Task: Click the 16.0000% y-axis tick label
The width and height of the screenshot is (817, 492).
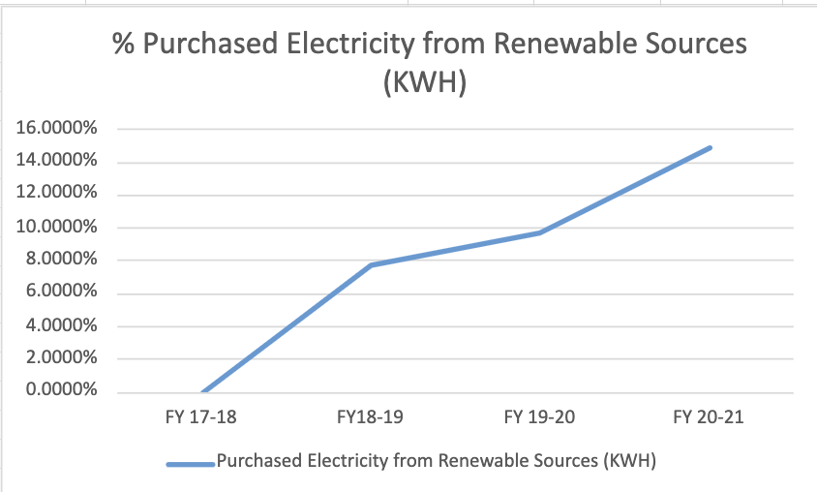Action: (x=56, y=128)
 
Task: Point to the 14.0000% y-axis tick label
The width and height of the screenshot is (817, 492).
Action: (x=56, y=161)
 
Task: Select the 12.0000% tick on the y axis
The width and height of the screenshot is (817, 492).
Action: (x=56, y=194)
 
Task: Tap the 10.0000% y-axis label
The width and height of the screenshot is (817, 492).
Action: (x=56, y=227)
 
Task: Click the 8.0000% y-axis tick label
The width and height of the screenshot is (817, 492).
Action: (x=60, y=260)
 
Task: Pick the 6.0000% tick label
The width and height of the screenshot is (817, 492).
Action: (x=60, y=292)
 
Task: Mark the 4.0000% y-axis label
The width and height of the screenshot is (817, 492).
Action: (x=60, y=325)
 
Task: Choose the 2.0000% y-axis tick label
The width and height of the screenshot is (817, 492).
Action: (x=60, y=358)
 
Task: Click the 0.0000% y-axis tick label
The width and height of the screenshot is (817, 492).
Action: (x=60, y=391)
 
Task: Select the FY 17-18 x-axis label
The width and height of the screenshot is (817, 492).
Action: (x=202, y=418)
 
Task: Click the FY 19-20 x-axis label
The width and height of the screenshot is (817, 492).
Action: (x=540, y=418)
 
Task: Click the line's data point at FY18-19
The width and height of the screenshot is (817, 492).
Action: (x=372, y=265)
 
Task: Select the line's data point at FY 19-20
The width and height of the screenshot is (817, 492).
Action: (x=540, y=232)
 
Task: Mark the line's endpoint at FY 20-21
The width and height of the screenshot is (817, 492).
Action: (x=710, y=148)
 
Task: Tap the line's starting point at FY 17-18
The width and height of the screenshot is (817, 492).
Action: (x=203, y=392)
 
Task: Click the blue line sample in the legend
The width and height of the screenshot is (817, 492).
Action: (x=190, y=464)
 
